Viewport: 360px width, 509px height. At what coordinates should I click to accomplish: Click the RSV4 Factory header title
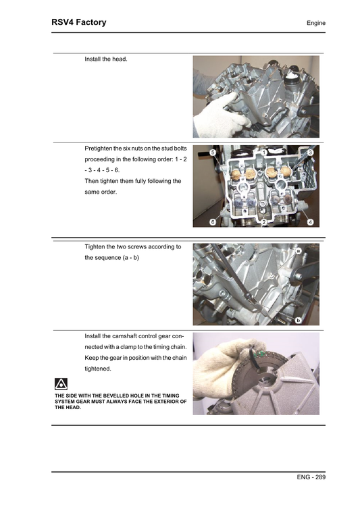(79, 22)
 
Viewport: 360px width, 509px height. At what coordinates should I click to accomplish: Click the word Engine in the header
(315, 24)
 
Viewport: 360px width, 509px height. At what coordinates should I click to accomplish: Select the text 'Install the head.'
(106, 59)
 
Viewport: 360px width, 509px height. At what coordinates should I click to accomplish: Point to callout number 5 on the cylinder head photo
(213, 153)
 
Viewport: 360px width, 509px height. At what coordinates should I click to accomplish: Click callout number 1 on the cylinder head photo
(263, 153)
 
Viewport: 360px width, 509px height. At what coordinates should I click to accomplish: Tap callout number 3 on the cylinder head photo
(309, 153)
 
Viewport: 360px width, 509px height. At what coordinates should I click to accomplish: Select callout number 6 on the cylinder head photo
(213, 222)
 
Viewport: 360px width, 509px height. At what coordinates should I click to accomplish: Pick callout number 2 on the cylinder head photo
(263, 222)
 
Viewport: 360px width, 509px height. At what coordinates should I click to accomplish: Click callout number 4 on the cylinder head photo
(309, 222)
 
